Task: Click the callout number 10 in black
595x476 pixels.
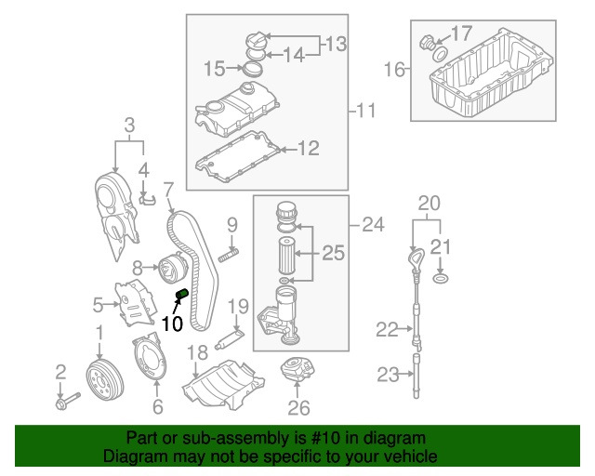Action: pyautogui.click(x=171, y=324)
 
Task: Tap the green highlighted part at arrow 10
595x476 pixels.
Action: pyautogui.click(x=182, y=296)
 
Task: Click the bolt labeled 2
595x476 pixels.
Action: pyautogui.click(x=67, y=403)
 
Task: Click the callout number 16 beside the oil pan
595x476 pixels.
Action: pyautogui.click(x=395, y=70)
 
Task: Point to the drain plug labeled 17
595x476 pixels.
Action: pyautogui.click(x=429, y=43)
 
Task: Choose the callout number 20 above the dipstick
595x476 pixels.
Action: pyautogui.click(x=428, y=202)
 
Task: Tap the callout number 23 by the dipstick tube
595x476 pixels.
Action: pyautogui.click(x=386, y=375)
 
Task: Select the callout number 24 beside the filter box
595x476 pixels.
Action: pyautogui.click(x=372, y=223)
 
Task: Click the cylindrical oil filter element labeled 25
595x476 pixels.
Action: pyautogui.click(x=285, y=254)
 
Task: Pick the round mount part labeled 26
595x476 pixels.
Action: pyautogui.click(x=296, y=373)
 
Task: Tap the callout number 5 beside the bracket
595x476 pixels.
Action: pyautogui.click(x=98, y=303)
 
